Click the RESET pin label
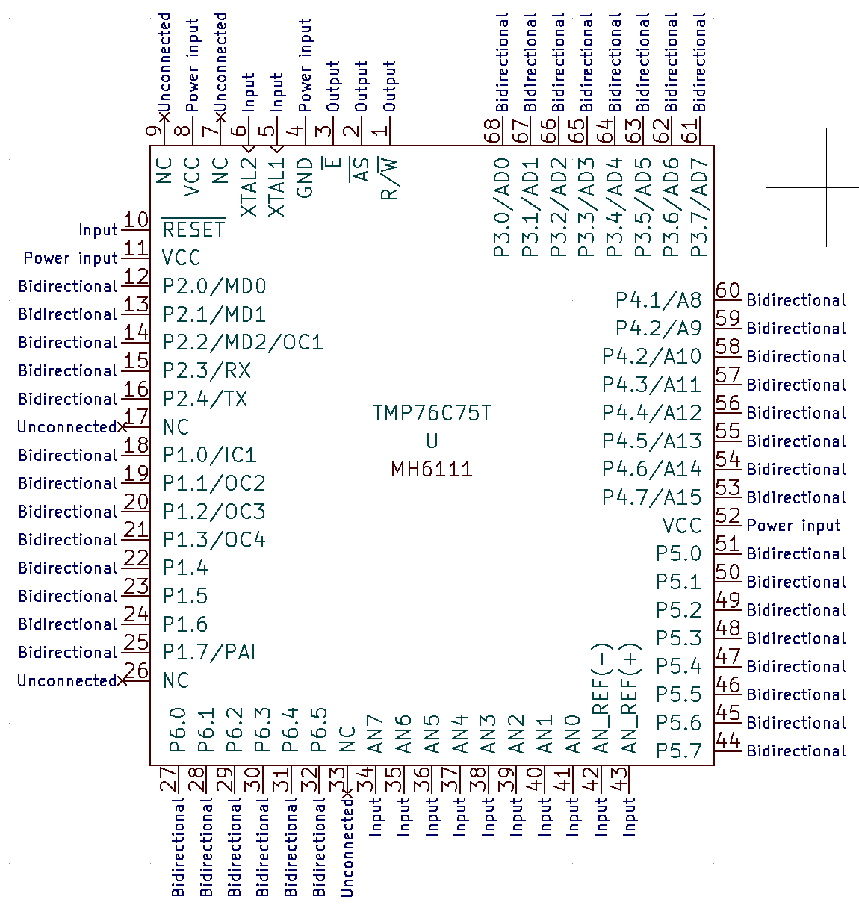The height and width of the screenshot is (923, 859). tap(193, 229)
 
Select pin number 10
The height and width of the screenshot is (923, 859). tap(136, 220)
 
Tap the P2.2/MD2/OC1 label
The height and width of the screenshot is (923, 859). tap(243, 342)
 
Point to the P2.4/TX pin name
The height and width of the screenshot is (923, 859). tap(205, 399)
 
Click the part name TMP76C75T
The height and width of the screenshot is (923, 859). tap(432, 413)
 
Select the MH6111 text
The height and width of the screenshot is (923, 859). tap(432, 469)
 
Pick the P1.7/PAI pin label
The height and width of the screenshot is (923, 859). tap(209, 652)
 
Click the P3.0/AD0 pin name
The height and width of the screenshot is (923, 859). tap(501, 207)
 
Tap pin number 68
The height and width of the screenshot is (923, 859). tap(491, 131)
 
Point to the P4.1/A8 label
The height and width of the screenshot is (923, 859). tap(658, 300)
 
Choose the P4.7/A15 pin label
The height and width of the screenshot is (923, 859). tap(651, 497)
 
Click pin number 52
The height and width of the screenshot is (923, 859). tap(728, 516)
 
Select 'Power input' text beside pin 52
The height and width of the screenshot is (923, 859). tap(793, 526)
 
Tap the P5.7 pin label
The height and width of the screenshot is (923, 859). tap(678, 750)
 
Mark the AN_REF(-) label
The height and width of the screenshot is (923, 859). tap(601, 698)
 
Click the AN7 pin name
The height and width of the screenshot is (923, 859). tap(375, 734)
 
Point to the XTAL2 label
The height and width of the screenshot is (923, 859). tap(249, 187)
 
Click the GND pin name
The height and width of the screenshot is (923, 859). tap(305, 178)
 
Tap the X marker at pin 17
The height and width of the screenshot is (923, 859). tap(123, 427)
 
